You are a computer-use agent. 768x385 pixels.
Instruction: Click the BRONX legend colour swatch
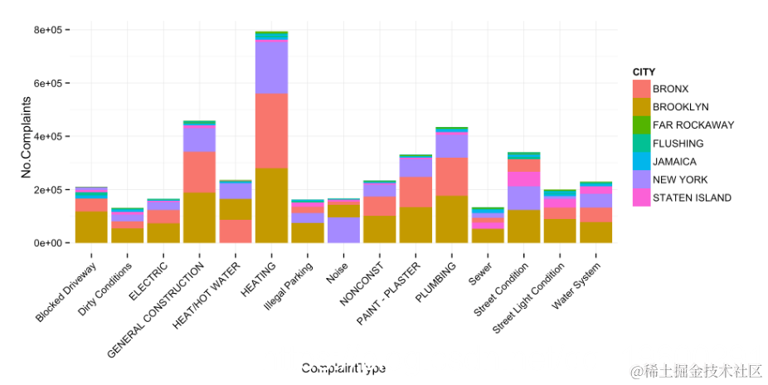click(641, 89)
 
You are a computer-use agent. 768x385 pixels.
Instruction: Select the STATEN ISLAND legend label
click(692, 198)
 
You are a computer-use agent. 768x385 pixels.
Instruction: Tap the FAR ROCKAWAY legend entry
click(693, 125)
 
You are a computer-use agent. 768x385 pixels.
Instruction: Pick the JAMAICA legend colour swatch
click(641, 162)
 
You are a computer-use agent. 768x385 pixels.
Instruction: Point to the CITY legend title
click(644, 73)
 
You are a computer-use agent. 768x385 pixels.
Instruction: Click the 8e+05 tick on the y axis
click(52, 30)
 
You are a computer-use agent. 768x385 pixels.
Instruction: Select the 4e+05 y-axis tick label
click(52, 136)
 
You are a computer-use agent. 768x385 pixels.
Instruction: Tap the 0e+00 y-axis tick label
click(52, 243)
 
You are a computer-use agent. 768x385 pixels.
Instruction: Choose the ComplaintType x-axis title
click(343, 368)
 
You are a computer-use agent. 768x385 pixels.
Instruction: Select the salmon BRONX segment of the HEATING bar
click(271, 130)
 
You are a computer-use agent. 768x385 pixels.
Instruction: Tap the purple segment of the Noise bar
click(343, 229)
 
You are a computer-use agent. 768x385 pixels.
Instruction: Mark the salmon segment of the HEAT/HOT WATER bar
click(236, 231)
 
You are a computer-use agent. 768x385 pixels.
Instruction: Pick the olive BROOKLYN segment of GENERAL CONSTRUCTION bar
click(200, 217)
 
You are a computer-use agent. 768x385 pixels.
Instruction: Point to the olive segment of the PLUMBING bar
click(450, 219)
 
